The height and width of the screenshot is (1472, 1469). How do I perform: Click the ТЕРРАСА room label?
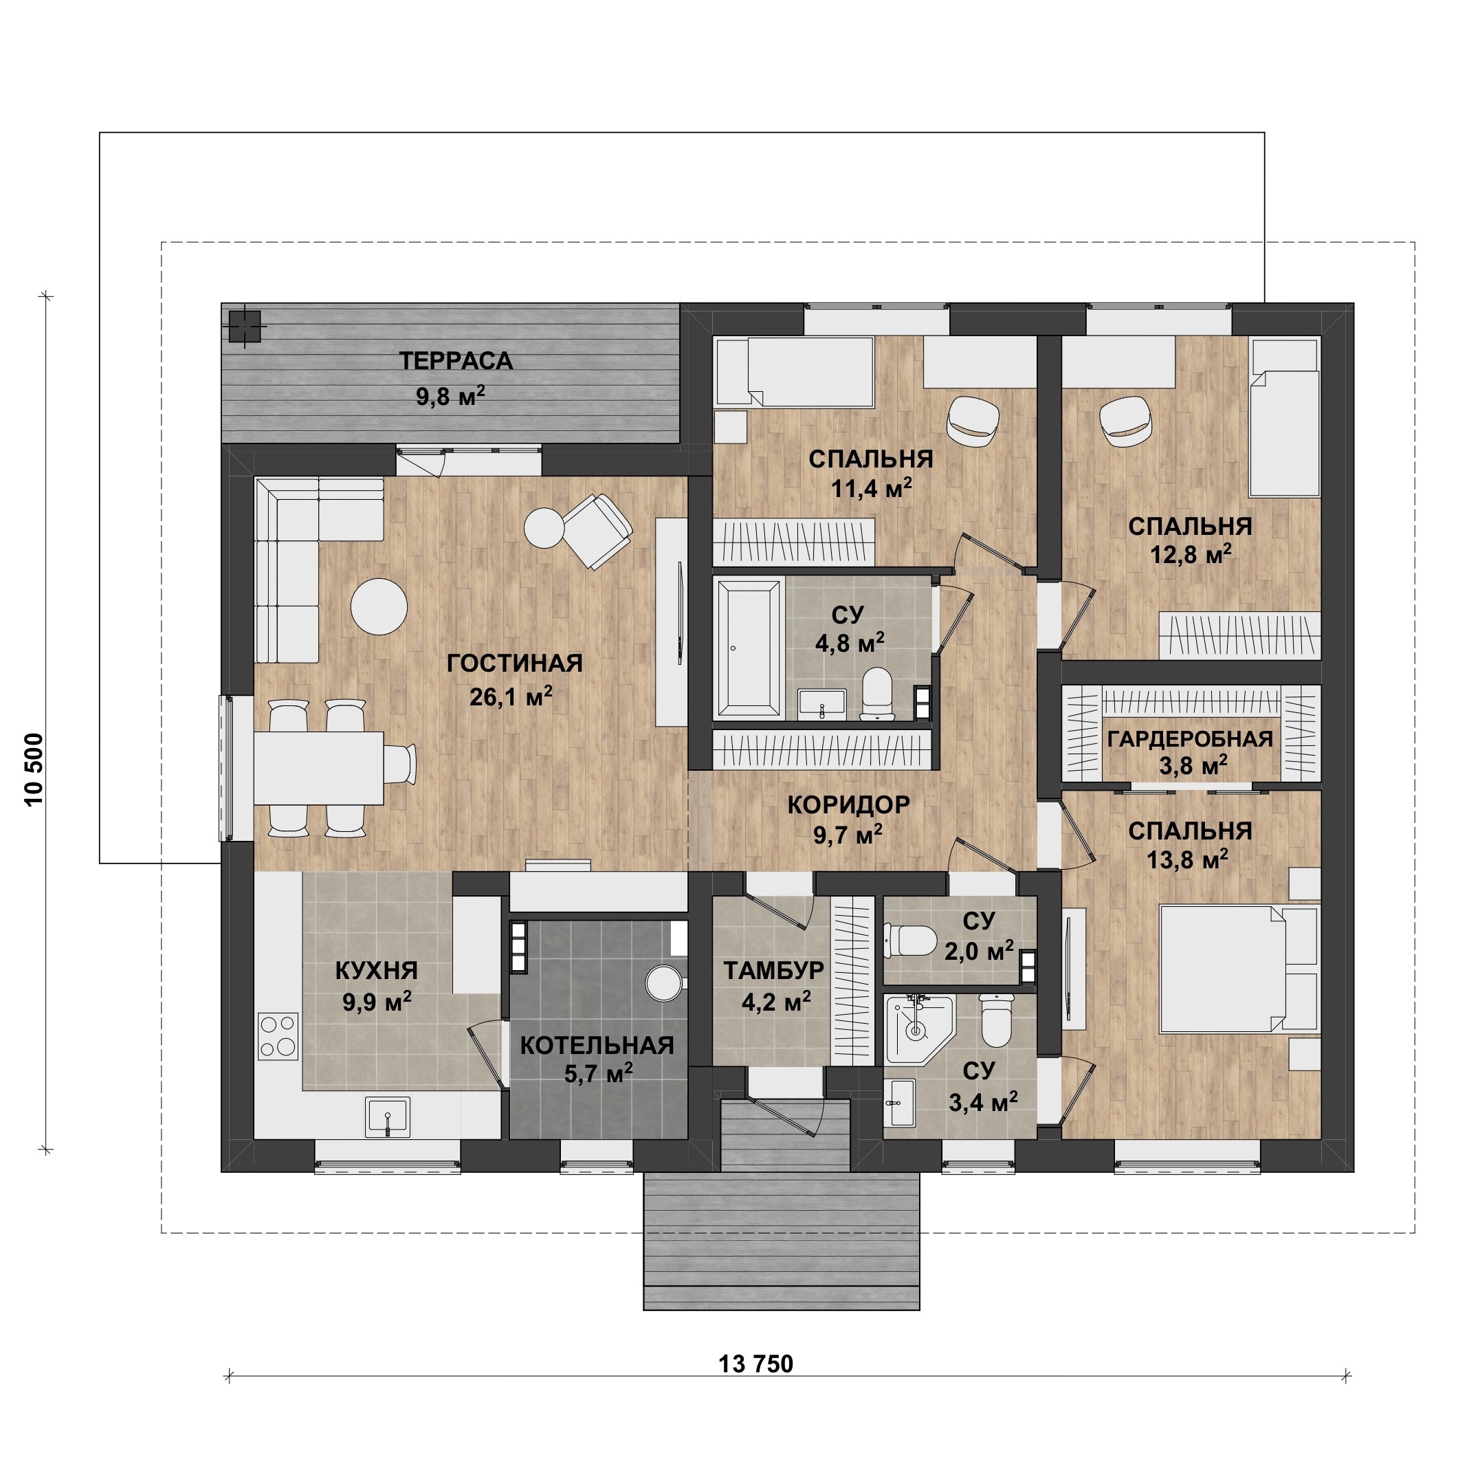pos(456,360)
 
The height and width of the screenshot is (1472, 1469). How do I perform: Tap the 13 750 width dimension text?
pos(756,1363)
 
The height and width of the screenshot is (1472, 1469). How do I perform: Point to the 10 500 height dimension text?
pos(34,769)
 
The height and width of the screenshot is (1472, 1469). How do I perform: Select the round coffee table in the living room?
pos(379,606)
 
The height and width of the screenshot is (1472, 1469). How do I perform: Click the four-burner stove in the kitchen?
pos(278,1035)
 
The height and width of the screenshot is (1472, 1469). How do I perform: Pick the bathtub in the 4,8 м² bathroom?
pos(749,648)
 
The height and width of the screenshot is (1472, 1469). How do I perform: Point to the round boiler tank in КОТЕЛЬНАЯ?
pos(663,983)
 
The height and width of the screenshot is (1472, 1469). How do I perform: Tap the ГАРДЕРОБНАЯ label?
pos(1190,738)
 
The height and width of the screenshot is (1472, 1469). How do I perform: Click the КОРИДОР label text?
pos(848,804)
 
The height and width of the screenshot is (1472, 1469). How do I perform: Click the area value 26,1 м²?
pos(511,696)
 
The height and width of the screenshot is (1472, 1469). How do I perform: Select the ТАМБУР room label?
pos(773,970)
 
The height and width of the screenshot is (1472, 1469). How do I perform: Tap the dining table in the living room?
pos(318,767)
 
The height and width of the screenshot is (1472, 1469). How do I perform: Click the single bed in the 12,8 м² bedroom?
pos(1285,418)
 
